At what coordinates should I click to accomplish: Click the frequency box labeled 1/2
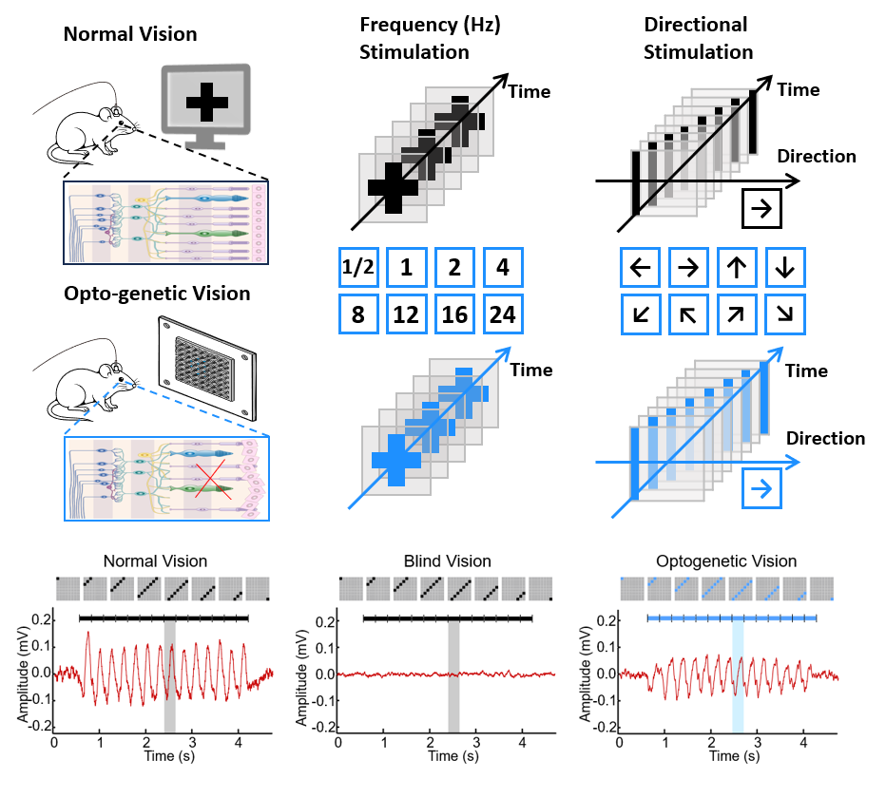pyautogui.click(x=357, y=267)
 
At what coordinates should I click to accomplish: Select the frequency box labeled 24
pyautogui.click(x=502, y=313)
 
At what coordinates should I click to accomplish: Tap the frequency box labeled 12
pyautogui.click(x=406, y=313)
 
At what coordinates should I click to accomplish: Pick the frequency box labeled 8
pyautogui.click(x=357, y=313)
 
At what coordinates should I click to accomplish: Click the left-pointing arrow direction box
pyautogui.click(x=640, y=267)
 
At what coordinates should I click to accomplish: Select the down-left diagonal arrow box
pyautogui.click(x=640, y=313)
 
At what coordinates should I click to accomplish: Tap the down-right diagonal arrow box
pyautogui.click(x=785, y=313)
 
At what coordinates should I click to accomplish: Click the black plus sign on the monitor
pyautogui.click(x=206, y=102)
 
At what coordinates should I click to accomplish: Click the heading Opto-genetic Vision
pyautogui.click(x=157, y=293)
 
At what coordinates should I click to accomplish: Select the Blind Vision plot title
pyautogui.click(x=445, y=561)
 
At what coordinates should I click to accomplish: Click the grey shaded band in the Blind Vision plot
pyautogui.click(x=454, y=674)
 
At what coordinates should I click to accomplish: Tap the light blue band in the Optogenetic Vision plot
pyautogui.click(x=738, y=674)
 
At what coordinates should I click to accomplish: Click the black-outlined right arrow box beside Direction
pyautogui.click(x=761, y=208)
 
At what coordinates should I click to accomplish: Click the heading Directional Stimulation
pyautogui.click(x=698, y=38)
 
